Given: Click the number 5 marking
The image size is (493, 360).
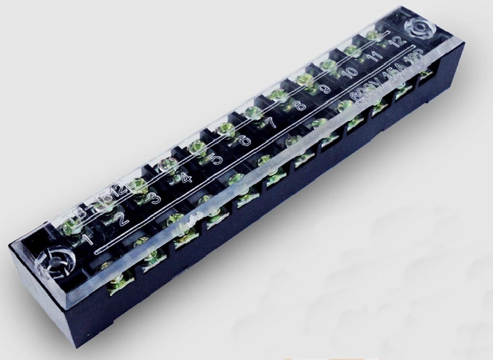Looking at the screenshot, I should click(x=216, y=160).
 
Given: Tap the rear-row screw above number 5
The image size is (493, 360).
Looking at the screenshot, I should click(x=196, y=145).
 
